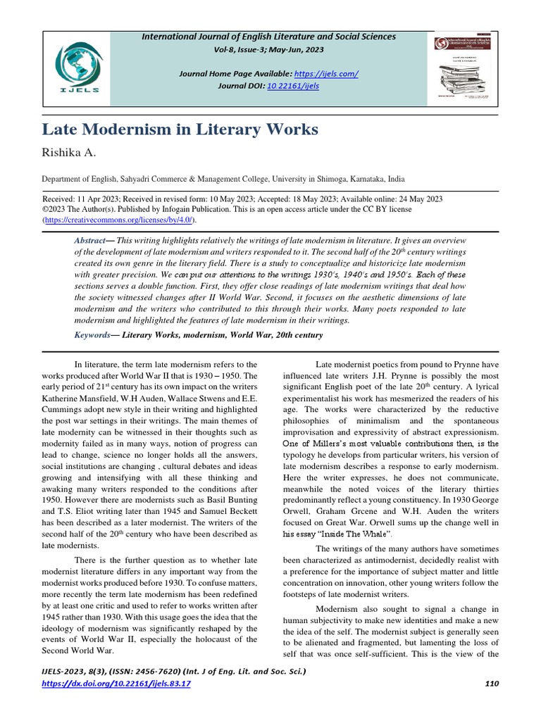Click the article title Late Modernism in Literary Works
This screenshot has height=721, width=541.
pyautogui.click(x=180, y=130)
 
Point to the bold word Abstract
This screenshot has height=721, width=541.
pyautogui.click(x=89, y=240)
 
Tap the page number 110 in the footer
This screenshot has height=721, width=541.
pyautogui.click(x=491, y=684)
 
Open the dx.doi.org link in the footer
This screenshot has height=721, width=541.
pyautogui.click(x=116, y=684)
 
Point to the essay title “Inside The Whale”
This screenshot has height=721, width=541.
pyautogui.click(x=346, y=534)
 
